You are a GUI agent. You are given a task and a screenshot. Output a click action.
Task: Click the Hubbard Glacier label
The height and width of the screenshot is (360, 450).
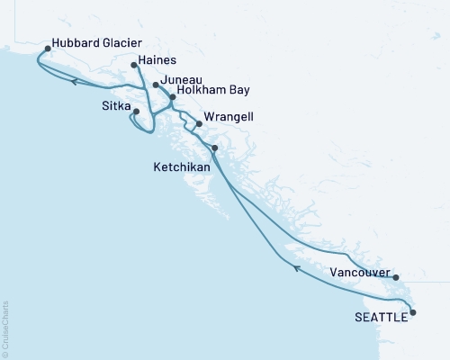[x=98, y=42]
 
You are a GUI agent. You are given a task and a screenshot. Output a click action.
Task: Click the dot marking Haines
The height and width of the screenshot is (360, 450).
[x=132, y=64]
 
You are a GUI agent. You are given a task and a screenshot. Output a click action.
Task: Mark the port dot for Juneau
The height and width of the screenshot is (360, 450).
[x=156, y=85]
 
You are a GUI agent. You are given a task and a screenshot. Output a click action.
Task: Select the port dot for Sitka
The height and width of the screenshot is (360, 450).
[x=137, y=112]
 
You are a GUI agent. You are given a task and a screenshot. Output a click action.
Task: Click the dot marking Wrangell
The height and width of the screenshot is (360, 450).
[x=199, y=125]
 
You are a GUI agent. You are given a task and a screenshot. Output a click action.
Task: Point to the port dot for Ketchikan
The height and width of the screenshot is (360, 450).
[x=214, y=147]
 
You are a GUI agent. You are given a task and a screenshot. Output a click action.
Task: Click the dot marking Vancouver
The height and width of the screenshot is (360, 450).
[x=395, y=277]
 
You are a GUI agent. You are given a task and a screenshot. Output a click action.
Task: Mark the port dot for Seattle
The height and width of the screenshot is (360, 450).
[x=413, y=312]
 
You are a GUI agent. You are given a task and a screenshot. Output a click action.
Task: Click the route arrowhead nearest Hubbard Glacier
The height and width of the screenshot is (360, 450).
[x=75, y=83]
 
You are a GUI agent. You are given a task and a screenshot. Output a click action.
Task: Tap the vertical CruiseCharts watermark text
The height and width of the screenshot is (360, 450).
[x=5, y=329]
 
